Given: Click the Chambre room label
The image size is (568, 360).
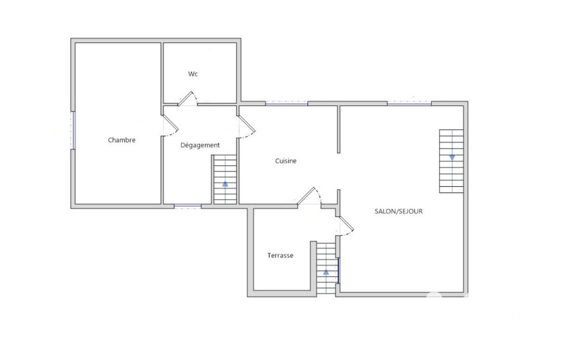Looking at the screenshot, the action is point(122,140).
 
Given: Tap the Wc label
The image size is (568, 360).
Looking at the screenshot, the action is point(193,74).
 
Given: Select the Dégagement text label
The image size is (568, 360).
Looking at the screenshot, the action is point(200,145).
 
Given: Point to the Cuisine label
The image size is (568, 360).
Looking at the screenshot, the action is point(286,161).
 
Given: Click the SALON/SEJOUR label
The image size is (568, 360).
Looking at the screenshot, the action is point(398,211).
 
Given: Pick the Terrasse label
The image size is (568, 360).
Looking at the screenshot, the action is point(280,255).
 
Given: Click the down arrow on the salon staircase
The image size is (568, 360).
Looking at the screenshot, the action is point(452,157).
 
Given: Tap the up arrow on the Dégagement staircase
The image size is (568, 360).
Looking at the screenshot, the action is point(226,184).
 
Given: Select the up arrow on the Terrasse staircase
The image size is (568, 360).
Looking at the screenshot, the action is point(326,271).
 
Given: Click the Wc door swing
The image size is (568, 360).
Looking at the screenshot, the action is point(188,99).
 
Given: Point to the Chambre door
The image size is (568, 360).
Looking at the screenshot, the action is point(170,125).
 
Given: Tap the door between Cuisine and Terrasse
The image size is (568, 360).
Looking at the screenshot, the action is point(309,197).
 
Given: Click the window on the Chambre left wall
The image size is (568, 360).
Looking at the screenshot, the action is point(73,130).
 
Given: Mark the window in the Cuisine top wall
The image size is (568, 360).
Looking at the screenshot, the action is point(286,104).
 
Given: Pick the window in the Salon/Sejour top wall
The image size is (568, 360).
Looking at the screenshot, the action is point(410,104).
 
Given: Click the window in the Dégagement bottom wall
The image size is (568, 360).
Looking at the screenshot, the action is point(188,207).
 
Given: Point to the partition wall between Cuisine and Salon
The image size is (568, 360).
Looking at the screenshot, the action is point(339,129).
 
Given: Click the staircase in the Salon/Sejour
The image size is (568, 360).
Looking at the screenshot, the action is point(452,161).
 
